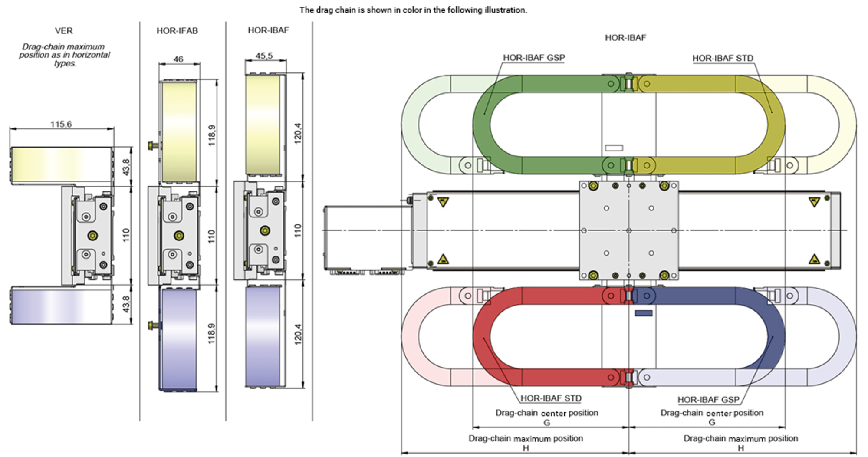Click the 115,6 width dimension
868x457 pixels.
[61, 124]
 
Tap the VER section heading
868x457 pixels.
[64, 31]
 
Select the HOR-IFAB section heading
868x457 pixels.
[177, 31]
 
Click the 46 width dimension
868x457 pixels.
[178, 59]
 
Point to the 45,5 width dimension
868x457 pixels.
[264, 56]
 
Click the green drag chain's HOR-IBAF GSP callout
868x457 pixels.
[534, 58]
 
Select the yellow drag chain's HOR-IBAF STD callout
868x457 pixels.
[723, 58]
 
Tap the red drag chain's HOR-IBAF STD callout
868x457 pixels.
[551, 398]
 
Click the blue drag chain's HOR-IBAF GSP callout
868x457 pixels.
[708, 399]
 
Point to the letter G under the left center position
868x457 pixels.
[547, 422]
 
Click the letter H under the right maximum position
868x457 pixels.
[741, 448]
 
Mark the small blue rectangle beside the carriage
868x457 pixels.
[643, 313]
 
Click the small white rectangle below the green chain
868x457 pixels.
[614, 148]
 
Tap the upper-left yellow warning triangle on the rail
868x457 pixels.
[443, 202]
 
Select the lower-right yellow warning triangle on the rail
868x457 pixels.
[814, 260]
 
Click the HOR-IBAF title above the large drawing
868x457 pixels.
[625, 38]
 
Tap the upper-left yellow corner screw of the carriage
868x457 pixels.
[593, 186]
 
